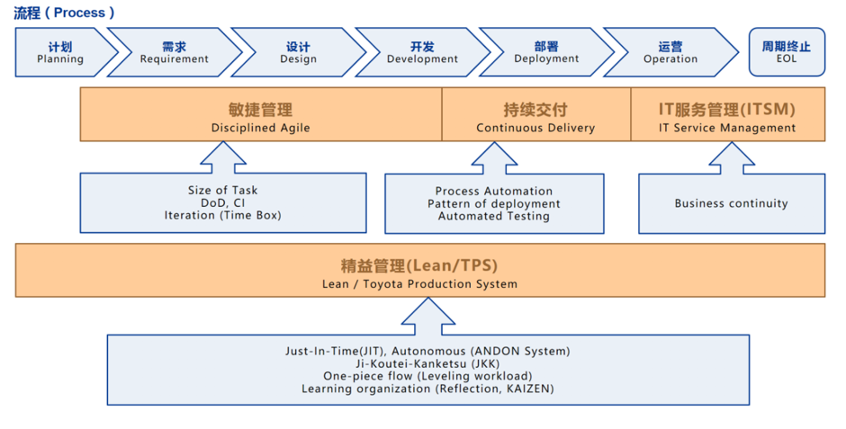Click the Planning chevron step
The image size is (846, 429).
(x=60, y=52)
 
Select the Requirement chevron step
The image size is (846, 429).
(x=174, y=52)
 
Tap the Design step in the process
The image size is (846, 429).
(x=298, y=52)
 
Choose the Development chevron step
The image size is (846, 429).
(x=422, y=52)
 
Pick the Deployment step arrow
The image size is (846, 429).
(x=546, y=52)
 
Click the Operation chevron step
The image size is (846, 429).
(x=670, y=52)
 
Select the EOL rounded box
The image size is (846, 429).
(x=786, y=52)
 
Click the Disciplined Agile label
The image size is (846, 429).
(x=260, y=128)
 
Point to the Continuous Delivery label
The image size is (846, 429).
(x=535, y=128)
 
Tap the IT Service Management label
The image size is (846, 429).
(x=726, y=128)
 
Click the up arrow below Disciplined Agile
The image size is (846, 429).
(x=223, y=158)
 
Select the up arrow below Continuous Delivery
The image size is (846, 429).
(x=494, y=158)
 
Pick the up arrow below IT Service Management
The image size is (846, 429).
(x=731, y=158)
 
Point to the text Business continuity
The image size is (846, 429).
(x=731, y=203)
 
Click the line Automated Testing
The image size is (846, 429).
(x=493, y=216)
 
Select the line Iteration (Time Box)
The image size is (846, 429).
(x=222, y=215)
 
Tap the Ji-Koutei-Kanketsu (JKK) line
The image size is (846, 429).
(x=427, y=363)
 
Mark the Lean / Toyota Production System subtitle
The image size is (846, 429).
(x=419, y=284)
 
